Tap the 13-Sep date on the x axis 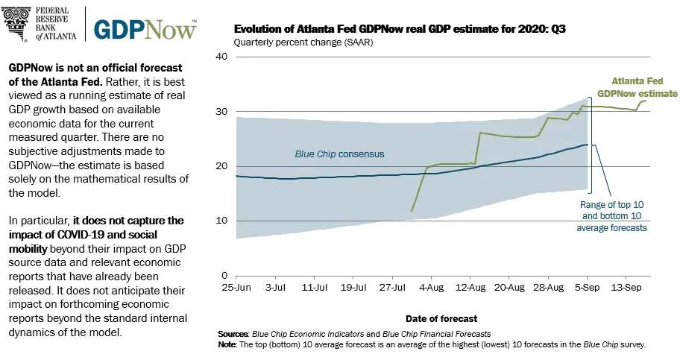(x=627, y=287)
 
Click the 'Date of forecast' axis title (x=437, y=318)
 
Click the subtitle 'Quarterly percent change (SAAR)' (x=303, y=42)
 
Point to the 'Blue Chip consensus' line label (x=339, y=154)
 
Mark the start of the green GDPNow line (x=412, y=211)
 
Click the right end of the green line (x=646, y=101)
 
